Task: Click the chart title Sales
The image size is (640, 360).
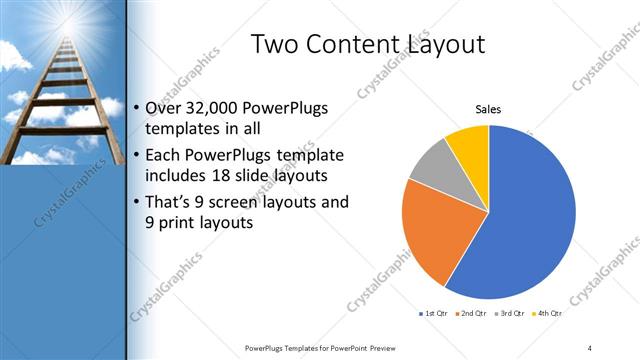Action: click(488, 109)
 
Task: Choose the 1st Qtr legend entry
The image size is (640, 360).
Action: click(433, 314)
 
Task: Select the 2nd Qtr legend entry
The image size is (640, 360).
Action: click(472, 314)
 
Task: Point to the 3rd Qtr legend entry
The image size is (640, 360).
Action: click(511, 314)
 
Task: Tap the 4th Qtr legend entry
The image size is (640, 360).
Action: click(549, 314)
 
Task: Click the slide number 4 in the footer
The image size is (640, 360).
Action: click(590, 347)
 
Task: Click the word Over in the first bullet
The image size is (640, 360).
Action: click(163, 107)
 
